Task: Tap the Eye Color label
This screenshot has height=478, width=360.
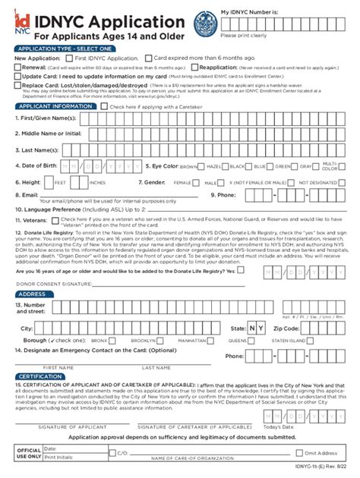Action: tap(161, 165)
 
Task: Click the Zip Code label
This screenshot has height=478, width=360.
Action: tap(288, 328)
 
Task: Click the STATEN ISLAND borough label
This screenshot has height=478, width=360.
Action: tap(289, 341)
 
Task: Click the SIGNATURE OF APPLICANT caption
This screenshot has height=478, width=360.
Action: tap(76, 427)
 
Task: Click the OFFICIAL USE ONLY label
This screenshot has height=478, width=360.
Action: tap(29, 454)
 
